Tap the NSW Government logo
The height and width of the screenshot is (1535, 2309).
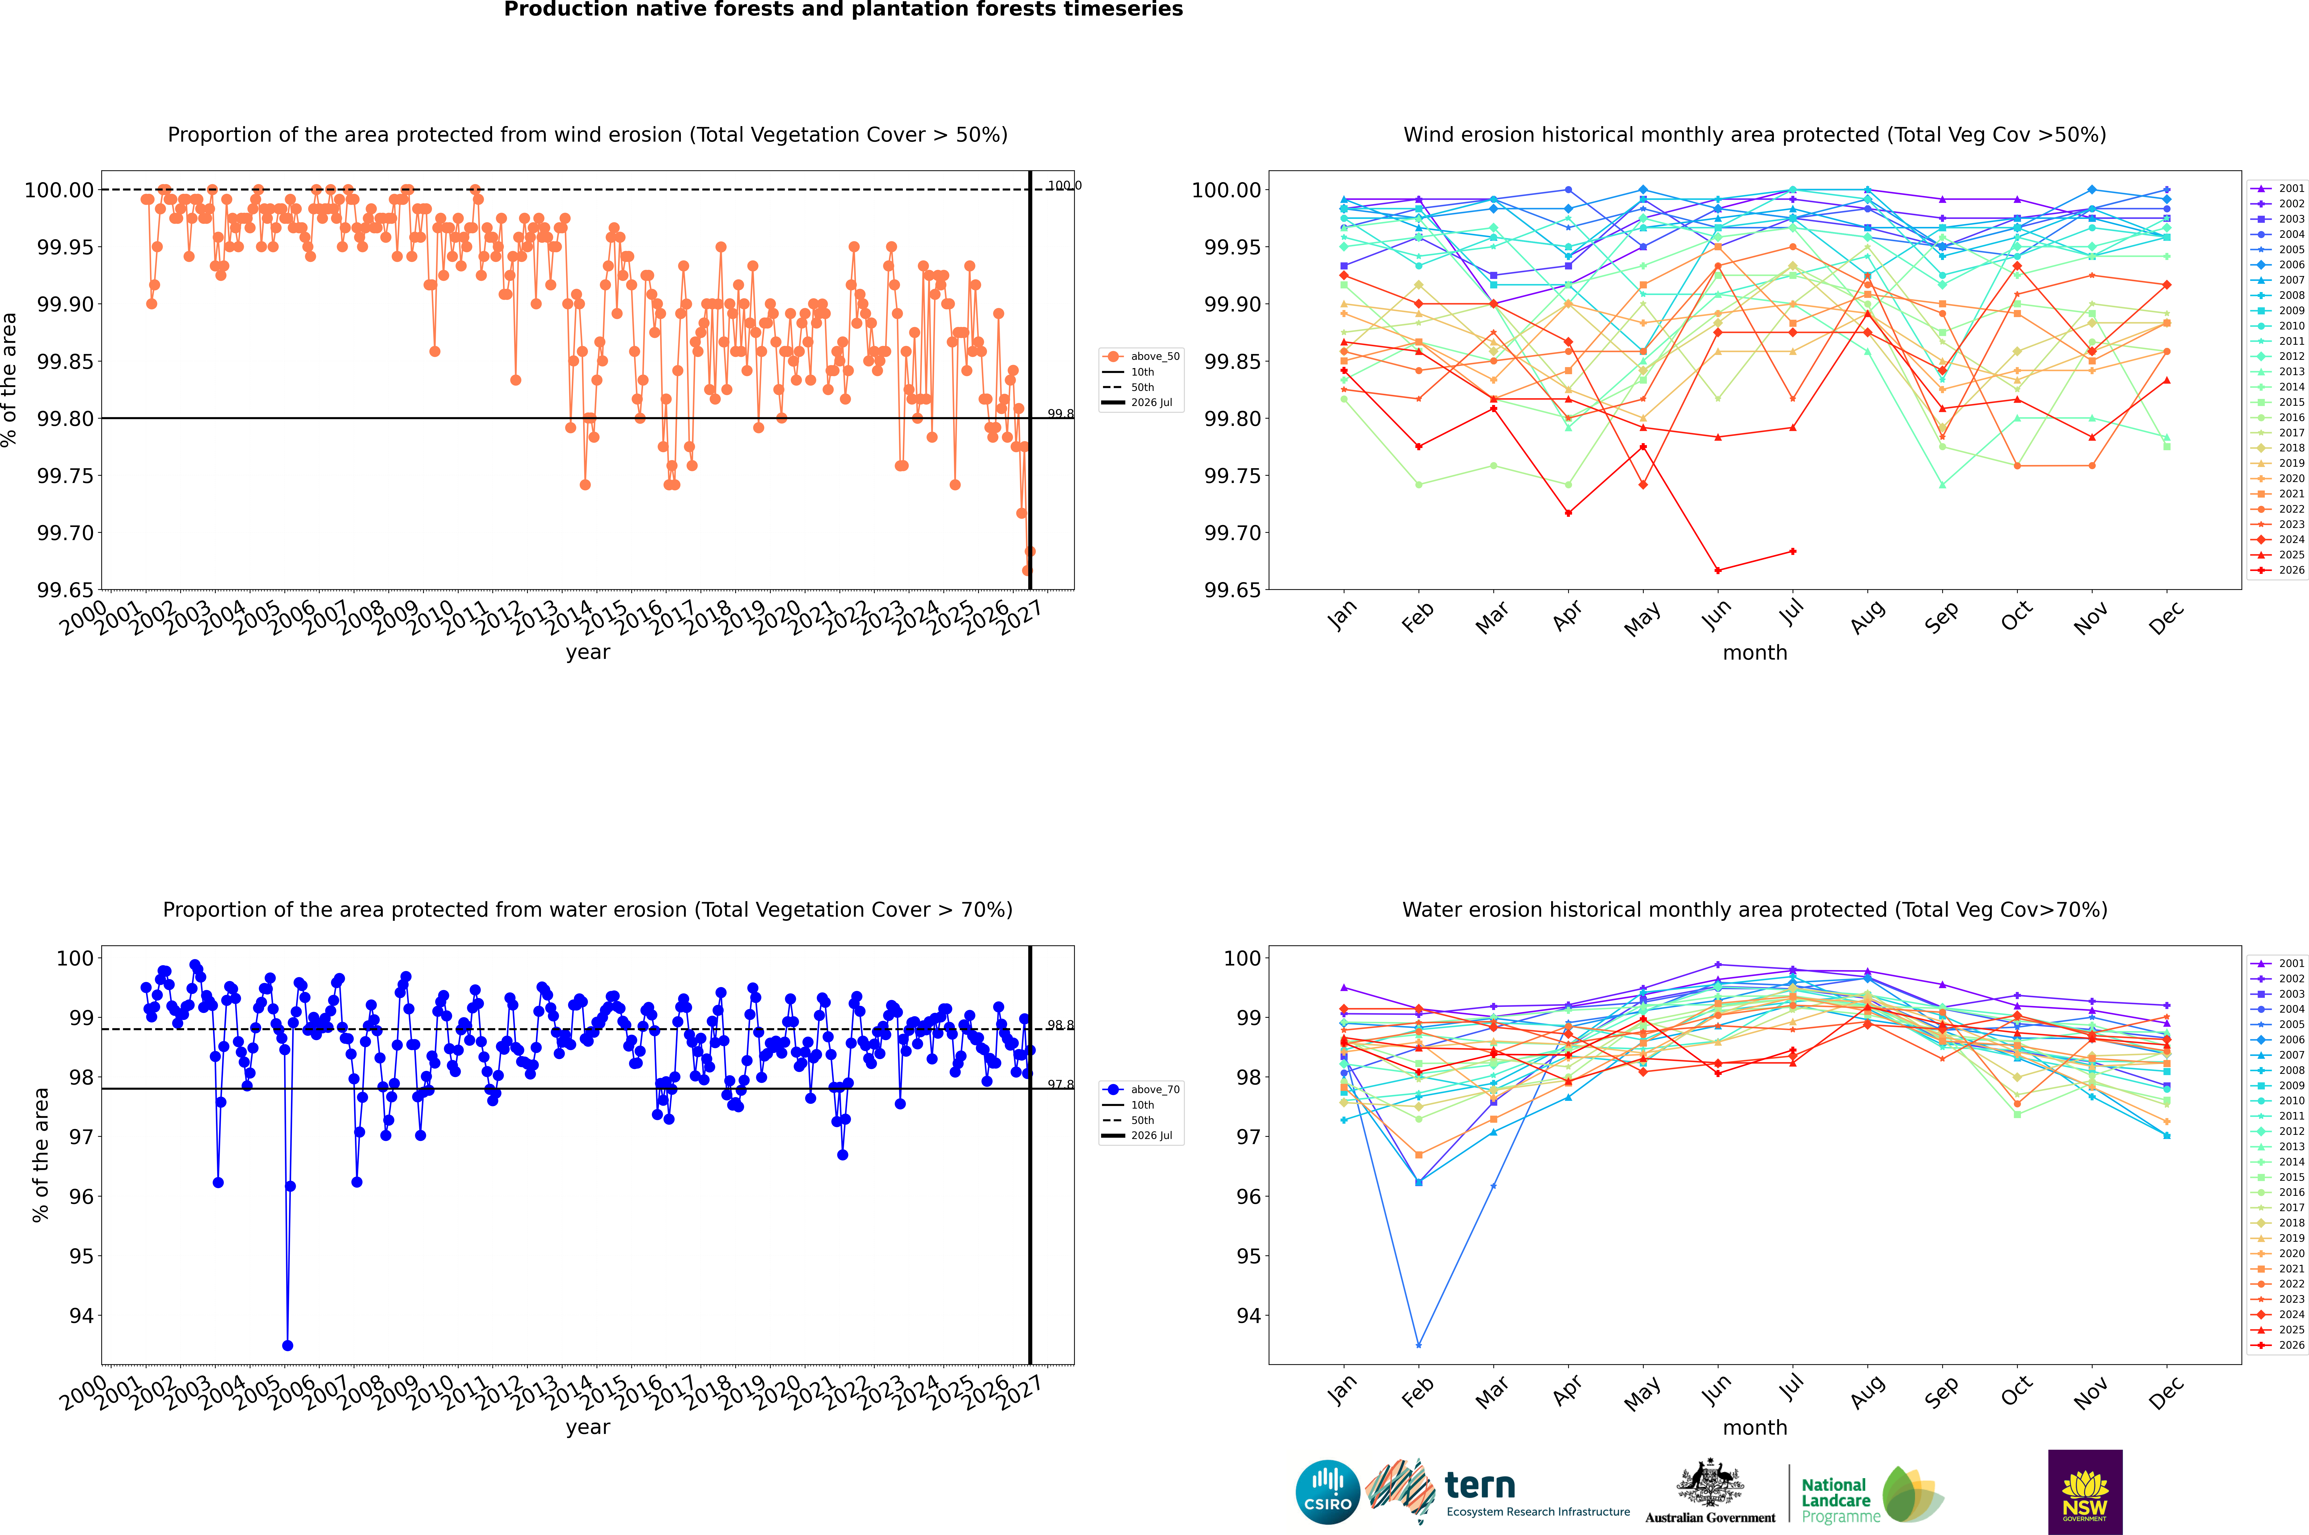coord(2085,1492)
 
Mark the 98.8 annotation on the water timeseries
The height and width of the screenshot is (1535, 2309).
coord(1060,1025)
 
